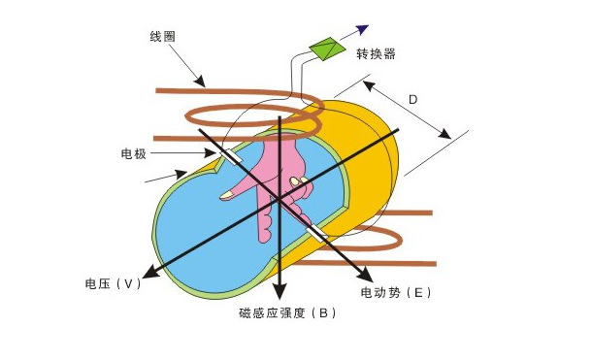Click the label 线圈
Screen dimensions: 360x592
tap(162, 35)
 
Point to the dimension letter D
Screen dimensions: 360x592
tap(412, 99)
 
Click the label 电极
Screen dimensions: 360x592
tap(133, 153)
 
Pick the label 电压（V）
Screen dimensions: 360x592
tap(115, 284)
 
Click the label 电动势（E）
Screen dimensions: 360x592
tap(396, 292)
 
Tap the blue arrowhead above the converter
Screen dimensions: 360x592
tap(363, 28)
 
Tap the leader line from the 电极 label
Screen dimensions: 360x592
tap(184, 153)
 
